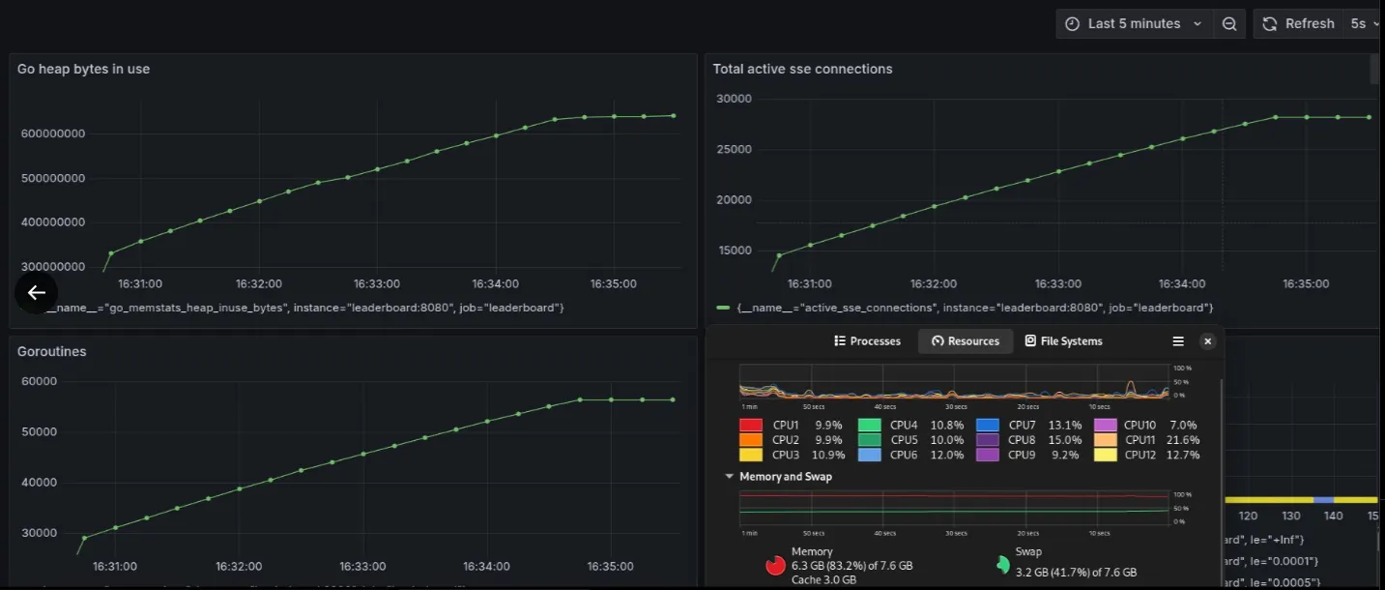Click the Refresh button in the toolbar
click(x=1298, y=23)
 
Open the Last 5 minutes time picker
click(x=1134, y=23)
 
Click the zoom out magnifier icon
click(x=1228, y=24)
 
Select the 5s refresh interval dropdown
click(x=1364, y=23)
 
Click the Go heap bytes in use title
click(x=83, y=69)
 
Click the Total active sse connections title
click(x=802, y=69)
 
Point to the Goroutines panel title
click(x=52, y=351)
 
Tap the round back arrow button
click(x=37, y=292)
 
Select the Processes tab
click(x=867, y=341)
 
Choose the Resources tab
click(x=966, y=341)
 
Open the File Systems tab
click(x=1063, y=341)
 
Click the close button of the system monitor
click(x=1207, y=341)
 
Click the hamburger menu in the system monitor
click(x=1178, y=341)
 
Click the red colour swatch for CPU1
click(x=751, y=425)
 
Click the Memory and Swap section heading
click(x=785, y=477)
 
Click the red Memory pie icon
click(x=775, y=566)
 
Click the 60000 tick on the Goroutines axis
click(x=40, y=381)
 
